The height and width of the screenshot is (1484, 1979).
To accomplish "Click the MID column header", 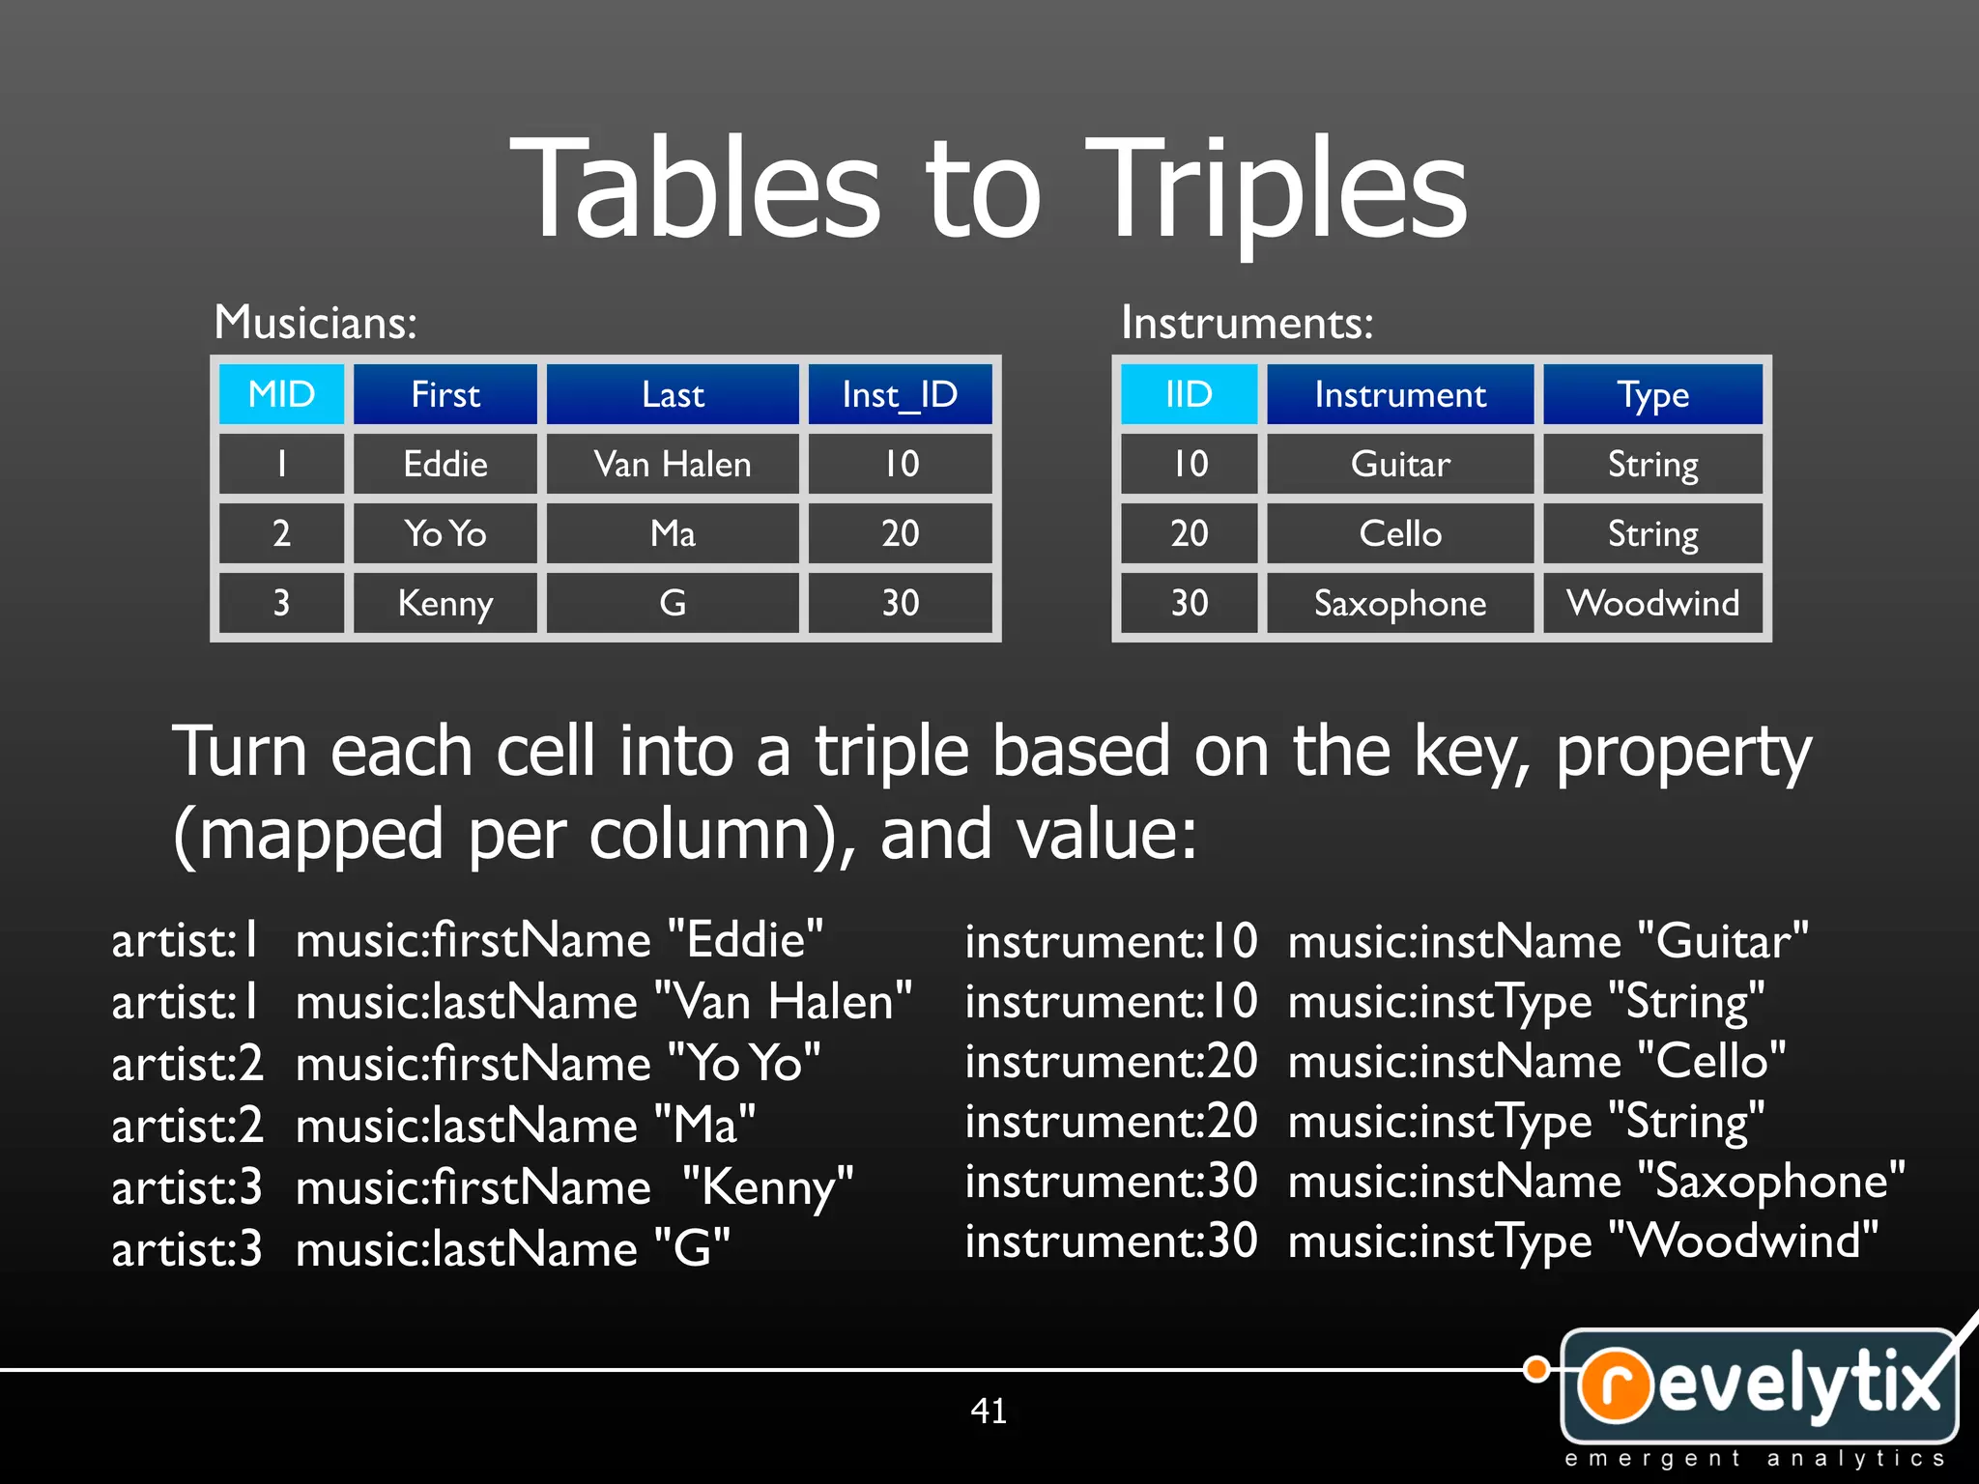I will pyautogui.click(x=281, y=394).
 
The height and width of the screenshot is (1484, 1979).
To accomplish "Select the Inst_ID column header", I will pyautogui.click(x=900, y=394).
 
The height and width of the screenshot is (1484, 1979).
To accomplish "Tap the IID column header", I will pyautogui.click(x=1189, y=394).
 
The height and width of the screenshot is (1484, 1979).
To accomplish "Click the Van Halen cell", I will pyautogui.click(x=673, y=465).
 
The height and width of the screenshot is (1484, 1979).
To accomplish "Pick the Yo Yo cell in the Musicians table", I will pyautogui.click(x=445, y=533).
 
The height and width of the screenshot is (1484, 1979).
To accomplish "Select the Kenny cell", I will pyautogui.click(x=445, y=603).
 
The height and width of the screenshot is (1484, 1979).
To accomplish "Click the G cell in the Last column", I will pyautogui.click(x=673, y=603).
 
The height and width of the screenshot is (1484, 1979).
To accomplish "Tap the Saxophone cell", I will pyautogui.click(x=1400, y=603).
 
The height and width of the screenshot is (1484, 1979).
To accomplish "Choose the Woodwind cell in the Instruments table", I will pyautogui.click(x=1652, y=603).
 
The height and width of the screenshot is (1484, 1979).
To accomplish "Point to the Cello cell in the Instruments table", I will pyautogui.click(x=1400, y=533).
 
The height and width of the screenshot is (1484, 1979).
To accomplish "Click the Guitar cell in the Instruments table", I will pyautogui.click(x=1400, y=465).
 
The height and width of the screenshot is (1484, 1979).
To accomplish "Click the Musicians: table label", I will pyautogui.click(x=315, y=322).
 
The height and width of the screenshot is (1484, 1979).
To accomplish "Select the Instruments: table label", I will pyautogui.click(x=1247, y=322).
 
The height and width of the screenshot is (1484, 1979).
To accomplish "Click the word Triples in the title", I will pyautogui.click(x=1276, y=188).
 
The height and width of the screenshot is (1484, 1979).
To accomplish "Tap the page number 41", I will pyautogui.click(x=989, y=1411).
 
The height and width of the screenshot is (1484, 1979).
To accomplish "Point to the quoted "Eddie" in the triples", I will pyautogui.click(x=745, y=939).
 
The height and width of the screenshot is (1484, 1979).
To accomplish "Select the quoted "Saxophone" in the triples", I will pyautogui.click(x=1771, y=1182).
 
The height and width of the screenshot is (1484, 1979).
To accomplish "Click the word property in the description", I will pyautogui.click(x=1683, y=752).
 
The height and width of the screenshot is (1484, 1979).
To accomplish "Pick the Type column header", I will pyautogui.click(x=1652, y=394).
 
